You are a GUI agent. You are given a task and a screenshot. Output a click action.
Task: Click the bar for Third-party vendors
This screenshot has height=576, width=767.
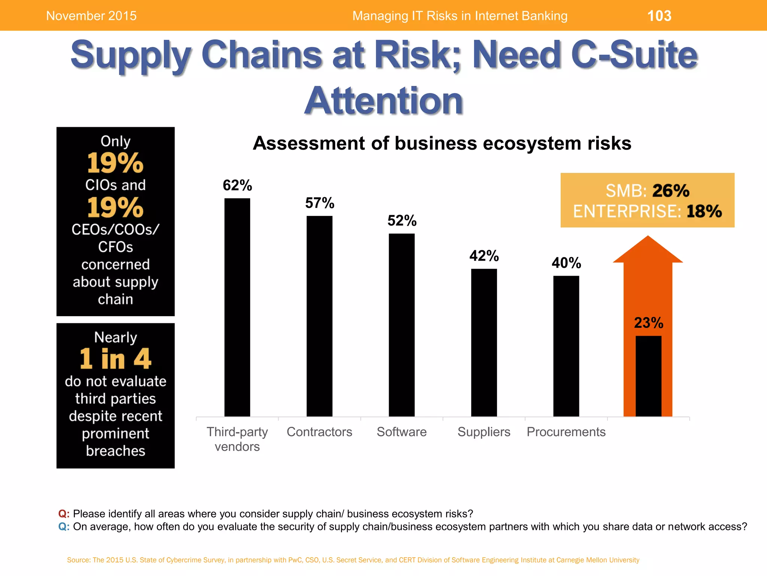coord(237,307)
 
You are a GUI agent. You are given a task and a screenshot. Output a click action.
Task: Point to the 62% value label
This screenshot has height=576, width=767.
coord(237,185)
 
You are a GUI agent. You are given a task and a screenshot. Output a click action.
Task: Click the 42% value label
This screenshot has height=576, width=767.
coord(484,256)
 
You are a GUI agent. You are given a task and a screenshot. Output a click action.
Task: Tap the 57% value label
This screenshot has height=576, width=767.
coord(319,203)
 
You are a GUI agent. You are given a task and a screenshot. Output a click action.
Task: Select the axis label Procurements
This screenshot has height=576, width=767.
coord(566,432)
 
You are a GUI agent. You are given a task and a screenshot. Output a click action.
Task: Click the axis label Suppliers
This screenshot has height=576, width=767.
coord(484,432)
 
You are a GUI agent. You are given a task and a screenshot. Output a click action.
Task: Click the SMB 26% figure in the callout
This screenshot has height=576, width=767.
coord(670,190)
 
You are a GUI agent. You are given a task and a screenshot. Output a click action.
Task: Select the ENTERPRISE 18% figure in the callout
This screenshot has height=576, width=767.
coord(704,211)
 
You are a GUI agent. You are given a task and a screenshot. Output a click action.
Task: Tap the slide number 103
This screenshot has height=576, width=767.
coord(659,16)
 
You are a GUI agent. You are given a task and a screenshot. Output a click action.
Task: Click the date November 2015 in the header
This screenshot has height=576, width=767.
coord(91,16)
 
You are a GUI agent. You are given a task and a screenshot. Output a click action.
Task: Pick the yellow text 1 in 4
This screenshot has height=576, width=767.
coord(115,359)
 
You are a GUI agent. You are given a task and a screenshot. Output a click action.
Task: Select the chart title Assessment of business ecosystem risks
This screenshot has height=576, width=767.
coord(442,143)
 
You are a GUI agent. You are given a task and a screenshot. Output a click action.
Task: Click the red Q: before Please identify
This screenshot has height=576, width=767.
coord(64,513)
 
